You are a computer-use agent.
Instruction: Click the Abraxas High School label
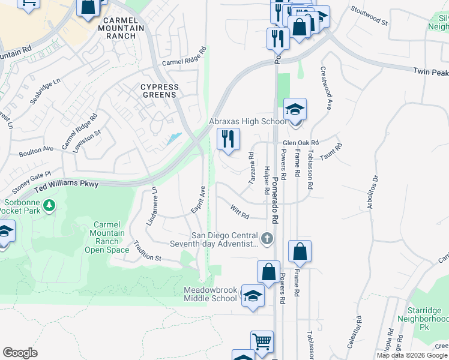(247, 121)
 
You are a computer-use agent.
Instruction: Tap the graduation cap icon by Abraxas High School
(295, 110)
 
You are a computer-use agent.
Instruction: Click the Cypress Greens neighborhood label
(159, 91)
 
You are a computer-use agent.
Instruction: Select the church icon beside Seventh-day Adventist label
(267, 239)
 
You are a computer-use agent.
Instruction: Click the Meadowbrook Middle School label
(210, 294)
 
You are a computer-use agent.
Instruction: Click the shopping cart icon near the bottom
(262, 342)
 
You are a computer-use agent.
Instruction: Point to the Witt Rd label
(240, 211)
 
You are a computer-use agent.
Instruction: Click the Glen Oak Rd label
(300, 142)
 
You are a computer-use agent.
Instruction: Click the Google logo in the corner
(20, 353)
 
